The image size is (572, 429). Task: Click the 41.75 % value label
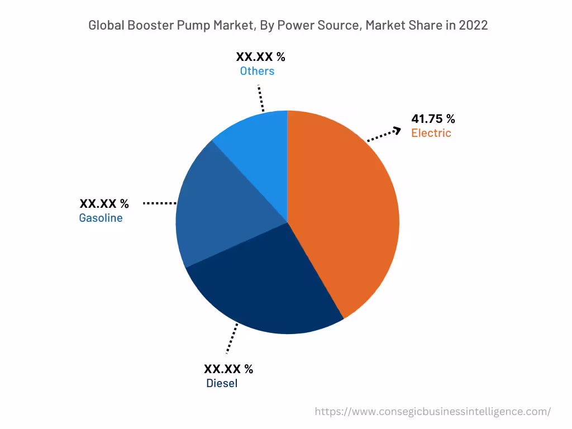(433, 118)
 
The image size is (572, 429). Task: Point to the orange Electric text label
(431, 133)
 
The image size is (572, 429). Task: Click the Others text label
(257, 71)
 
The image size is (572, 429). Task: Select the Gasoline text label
(101, 218)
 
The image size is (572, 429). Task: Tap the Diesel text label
(222, 383)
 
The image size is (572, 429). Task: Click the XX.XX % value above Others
(260, 56)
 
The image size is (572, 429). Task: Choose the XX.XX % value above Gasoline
(104, 203)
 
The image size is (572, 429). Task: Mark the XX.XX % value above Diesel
(228, 369)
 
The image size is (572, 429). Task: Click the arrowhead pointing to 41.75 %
(397, 130)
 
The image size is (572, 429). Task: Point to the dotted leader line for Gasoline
(160, 203)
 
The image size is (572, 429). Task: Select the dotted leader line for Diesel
(231, 338)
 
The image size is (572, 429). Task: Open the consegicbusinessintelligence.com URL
(432, 412)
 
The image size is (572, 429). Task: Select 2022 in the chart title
(473, 26)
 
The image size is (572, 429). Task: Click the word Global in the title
(106, 26)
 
